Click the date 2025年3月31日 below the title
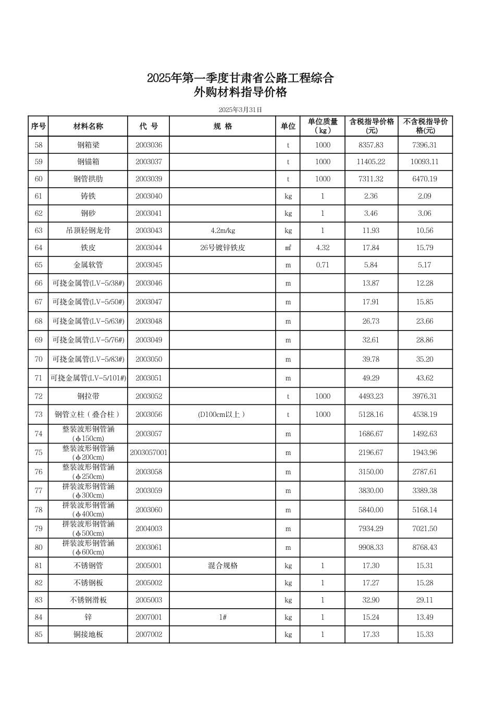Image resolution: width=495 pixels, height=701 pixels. pyautogui.click(x=240, y=109)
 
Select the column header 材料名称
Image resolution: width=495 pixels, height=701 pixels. pyautogui.click(x=88, y=126)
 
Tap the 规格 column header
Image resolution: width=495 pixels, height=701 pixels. pyautogui.click(x=222, y=126)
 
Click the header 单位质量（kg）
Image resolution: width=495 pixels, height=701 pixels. pyautogui.click(x=323, y=126)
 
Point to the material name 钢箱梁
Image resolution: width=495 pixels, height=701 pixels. pyautogui.click(x=88, y=145)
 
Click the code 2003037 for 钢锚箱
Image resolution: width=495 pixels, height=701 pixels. pyautogui.click(x=148, y=162)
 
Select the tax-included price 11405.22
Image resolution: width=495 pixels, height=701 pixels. pyautogui.click(x=371, y=162)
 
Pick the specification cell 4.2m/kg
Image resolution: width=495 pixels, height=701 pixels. pyautogui.click(x=222, y=230)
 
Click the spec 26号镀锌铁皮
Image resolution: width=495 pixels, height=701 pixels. pyautogui.click(x=222, y=248)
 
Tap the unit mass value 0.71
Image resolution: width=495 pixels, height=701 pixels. pyautogui.click(x=323, y=265)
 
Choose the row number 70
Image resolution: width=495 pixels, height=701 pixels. pyautogui.click(x=39, y=359)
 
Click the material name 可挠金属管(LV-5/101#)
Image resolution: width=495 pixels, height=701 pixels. pyautogui.click(x=88, y=378)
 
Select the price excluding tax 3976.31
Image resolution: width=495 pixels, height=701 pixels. pyautogui.click(x=425, y=396)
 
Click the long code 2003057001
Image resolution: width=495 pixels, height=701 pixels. pyautogui.click(x=148, y=452)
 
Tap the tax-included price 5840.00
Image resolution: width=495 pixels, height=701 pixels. pyautogui.click(x=371, y=510)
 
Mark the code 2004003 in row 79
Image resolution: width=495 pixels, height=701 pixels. pyautogui.click(x=148, y=528)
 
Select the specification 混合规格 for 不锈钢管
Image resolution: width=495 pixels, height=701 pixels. pyautogui.click(x=222, y=565)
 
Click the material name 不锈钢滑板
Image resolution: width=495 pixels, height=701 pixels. pyautogui.click(x=88, y=600)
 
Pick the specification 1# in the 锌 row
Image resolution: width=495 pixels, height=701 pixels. pyautogui.click(x=222, y=617)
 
